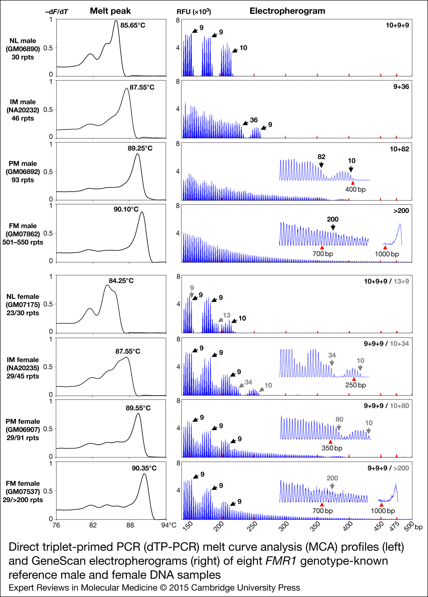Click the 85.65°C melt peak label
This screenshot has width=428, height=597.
(x=133, y=25)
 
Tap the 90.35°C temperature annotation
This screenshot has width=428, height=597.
(x=144, y=468)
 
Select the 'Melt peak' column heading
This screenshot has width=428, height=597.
(x=110, y=11)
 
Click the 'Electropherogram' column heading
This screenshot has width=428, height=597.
(x=287, y=11)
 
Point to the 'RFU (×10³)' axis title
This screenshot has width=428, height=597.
(x=194, y=12)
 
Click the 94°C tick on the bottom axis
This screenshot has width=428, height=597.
(x=169, y=525)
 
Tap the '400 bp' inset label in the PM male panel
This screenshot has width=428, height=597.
(x=355, y=189)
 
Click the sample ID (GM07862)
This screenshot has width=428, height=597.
(x=23, y=234)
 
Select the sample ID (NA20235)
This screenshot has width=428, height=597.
(x=23, y=368)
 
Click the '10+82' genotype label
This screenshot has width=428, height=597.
(x=399, y=149)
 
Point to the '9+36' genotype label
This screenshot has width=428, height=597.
(x=401, y=87)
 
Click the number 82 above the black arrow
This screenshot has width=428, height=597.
(x=321, y=157)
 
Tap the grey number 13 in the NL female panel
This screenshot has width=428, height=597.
(x=227, y=315)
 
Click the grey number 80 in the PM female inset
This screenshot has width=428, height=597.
(x=339, y=419)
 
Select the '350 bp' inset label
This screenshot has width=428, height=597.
(x=332, y=448)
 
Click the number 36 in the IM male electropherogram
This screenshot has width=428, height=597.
(x=254, y=120)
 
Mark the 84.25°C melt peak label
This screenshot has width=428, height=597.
(x=121, y=281)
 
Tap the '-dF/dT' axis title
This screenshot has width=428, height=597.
(x=57, y=12)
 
